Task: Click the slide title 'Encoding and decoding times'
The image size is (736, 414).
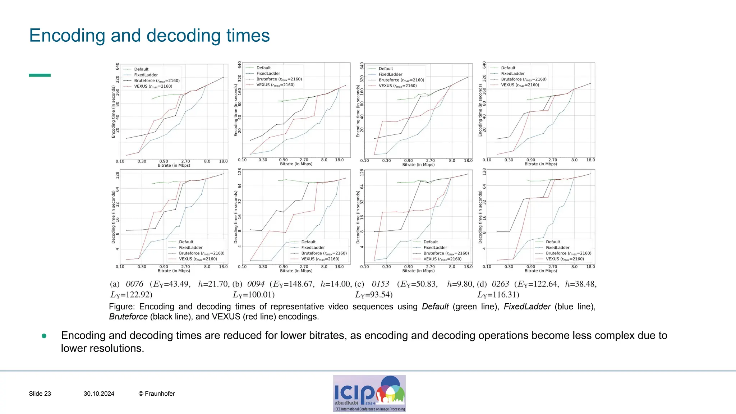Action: (149, 36)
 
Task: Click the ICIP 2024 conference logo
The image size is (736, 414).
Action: (369, 393)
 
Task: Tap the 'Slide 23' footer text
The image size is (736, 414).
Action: (40, 394)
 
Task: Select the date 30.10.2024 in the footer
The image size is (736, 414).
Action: (99, 394)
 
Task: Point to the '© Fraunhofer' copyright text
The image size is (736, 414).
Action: (157, 394)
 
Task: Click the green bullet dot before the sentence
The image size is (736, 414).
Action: (44, 336)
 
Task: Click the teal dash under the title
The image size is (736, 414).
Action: (40, 75)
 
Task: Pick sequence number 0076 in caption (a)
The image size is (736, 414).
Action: (134, 284)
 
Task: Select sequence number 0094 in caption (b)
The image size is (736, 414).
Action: (256, 284)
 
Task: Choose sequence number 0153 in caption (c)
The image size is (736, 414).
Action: (380, 284)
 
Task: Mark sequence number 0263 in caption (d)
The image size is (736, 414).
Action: (500, 284)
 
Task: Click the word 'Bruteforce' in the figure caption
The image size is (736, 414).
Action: (128, 317)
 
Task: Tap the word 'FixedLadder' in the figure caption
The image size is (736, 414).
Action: (527, 307)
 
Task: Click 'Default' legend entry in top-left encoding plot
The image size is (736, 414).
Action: (141, 69)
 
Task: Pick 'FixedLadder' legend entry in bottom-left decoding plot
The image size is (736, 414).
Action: (190, 248)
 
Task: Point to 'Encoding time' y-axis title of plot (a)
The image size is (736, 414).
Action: (114, 111)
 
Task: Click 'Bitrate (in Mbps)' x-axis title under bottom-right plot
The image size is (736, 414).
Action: (540, 271)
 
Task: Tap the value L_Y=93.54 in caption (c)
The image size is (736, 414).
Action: (374, 295)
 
